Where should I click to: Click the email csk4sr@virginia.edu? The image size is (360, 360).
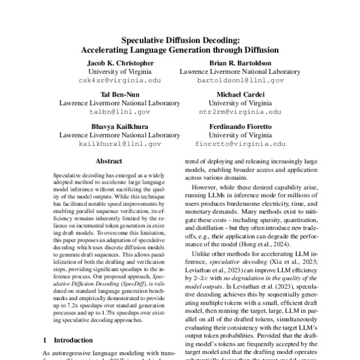click(x=120, y=79)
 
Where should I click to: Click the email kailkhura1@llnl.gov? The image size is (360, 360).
click(x=120, y=144)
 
